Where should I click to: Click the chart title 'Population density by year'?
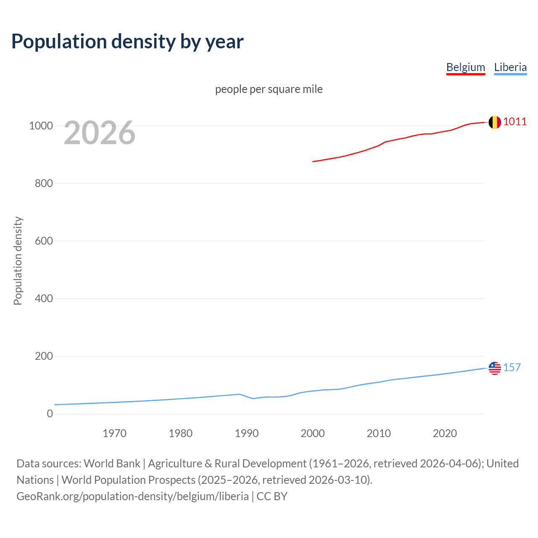click(x=127, y=42)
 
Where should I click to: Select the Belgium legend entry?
click(x=465, y=67)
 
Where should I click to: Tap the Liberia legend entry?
click(x=510, y=67)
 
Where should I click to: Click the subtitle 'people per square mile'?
click(x=269, y=89)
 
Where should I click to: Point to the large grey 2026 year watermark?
click(x=100, y=133)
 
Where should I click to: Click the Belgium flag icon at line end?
click(x=495, y=122)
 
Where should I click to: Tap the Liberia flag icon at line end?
click(x=495, y=368)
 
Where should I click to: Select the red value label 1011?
click(x=515, y=122)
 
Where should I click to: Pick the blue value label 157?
click(x=512, y=368)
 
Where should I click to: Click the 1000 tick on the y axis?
click(x=41, y=126)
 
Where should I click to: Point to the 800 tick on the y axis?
click(x=44, y=184)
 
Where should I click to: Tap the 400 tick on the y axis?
click(x=44, y=299)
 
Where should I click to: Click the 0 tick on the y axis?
click(x=50, y=414)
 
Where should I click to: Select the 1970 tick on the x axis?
click(x=114, y=433)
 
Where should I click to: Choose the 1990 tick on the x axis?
click(x=247, y=433)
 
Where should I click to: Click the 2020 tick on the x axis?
click(x=445, y=433)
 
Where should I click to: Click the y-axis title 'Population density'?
click(x=18, y=261)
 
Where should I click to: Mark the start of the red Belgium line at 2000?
click(x=313, y=161)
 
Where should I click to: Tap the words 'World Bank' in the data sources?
click(x=112, y=464)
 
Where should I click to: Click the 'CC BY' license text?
click(x=272, y=496)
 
